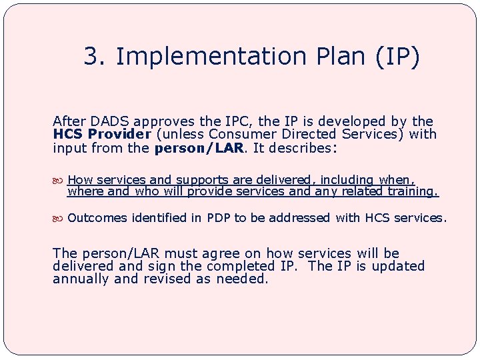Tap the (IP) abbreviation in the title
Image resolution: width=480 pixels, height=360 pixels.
[397, 57]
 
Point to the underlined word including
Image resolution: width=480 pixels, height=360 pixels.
[347, 180]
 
